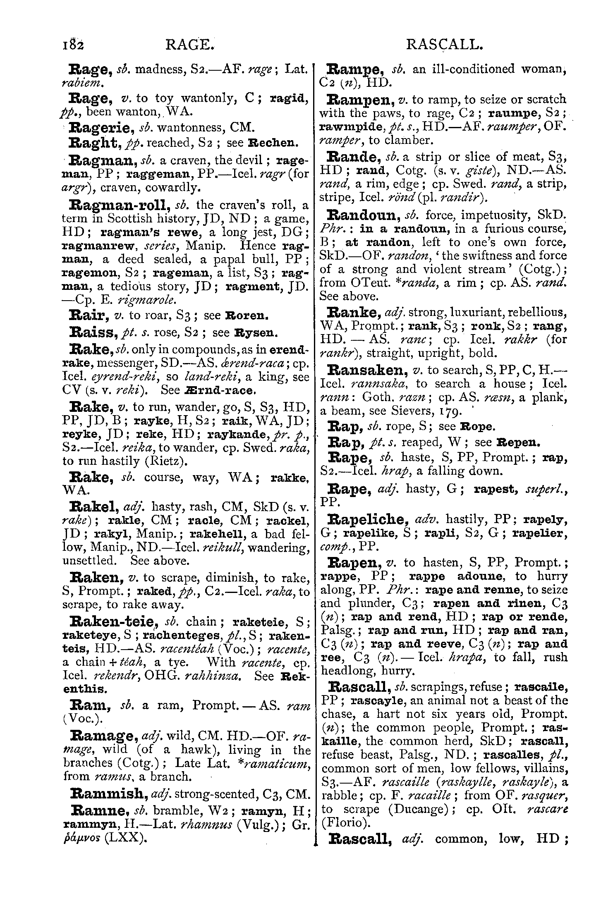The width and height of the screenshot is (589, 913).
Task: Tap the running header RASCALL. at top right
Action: pyautogui.click(x=445, y=44)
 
